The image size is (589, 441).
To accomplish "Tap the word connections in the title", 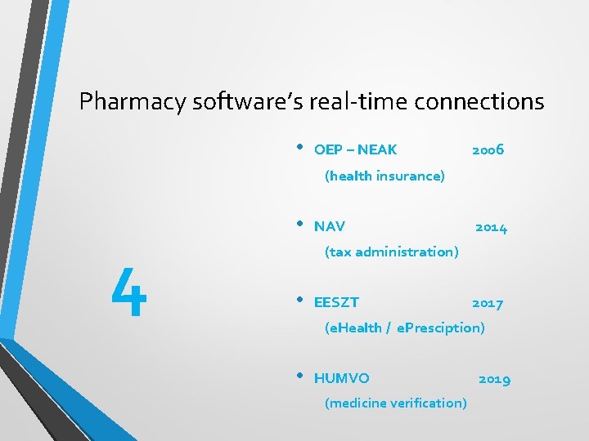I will pos(479,101).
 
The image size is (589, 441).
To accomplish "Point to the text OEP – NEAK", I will pos(355,149).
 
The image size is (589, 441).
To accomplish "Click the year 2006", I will pos(488,149).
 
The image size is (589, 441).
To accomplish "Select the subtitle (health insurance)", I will pos(384,176).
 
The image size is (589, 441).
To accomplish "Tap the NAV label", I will pos(330,226).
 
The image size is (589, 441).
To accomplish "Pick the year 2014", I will pos(491,227).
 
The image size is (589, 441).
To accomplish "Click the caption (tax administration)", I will pos(391,252).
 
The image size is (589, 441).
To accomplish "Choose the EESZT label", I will pos(336,303).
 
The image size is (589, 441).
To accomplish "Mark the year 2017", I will pos(488,303).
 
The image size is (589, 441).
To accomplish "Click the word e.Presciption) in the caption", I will pos(441,327).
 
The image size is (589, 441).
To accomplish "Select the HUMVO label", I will pos(341,379).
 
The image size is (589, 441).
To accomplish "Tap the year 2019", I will pos(494,379).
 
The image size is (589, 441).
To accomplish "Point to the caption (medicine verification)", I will pos(396,403).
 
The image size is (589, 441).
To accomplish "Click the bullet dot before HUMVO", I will pos(300,376).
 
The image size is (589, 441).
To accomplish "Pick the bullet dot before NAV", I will pos(300,224).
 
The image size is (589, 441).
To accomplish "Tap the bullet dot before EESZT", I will pos(300,301).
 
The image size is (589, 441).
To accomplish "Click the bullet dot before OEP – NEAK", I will pos(300,147).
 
